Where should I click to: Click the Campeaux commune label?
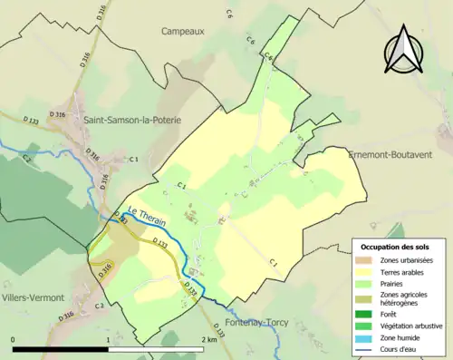(183, 31)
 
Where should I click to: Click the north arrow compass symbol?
(404, 50)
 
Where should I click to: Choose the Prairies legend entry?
(395, 283)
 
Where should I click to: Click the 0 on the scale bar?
(14, 339)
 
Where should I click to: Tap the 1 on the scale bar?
(109, 339)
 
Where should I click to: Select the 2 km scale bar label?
(208, 339)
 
